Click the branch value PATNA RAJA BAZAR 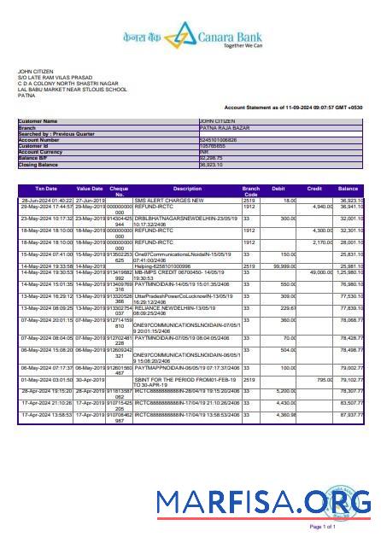click(x=224, y=128)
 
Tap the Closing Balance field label click(x=40, y=164)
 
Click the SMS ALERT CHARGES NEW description click(x=167, y=199)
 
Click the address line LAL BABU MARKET click(x=73, y=88)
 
